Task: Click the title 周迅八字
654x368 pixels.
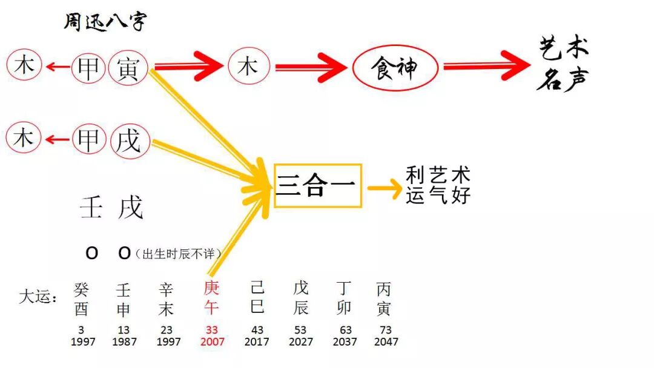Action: pyautogui.click(x=105, y=22)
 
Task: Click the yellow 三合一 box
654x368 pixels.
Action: pyautogui.click(x=318, y=186)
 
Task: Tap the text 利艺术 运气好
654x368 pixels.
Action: pyautogui.click(x=438, y=186)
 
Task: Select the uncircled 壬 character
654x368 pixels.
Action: pyautogui.click(x=91, y=208)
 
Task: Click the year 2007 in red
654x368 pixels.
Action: pyautogui.click(x=212, y=341)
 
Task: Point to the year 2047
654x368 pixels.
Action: pyautogui.click(x=386, y=341)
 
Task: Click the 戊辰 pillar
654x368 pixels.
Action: pyautogui.click(x=301, y=298)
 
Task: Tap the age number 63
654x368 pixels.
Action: pyautogui.click(x=345, y=330)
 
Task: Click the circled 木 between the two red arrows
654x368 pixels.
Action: pyautogui.click(x=248, y=66)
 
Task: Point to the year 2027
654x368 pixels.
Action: pyautogui.click(x=301, y=341)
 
